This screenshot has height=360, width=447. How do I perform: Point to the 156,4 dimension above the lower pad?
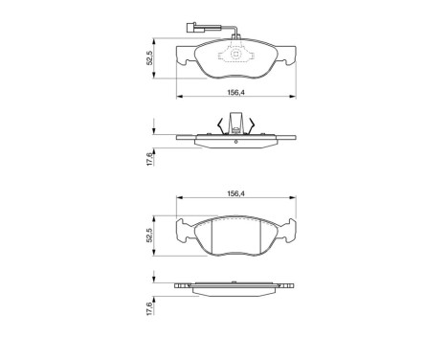234,193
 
